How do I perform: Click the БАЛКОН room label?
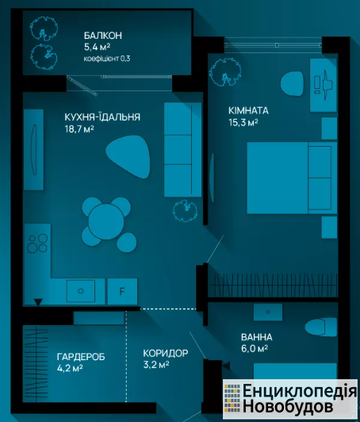(103, 36)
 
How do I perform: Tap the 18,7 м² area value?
(79, 129)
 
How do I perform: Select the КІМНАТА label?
(248, 110)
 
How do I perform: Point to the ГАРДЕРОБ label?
(81, 357)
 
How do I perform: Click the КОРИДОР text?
(166, 353)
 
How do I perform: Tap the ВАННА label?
(256, 337)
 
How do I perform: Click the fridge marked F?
(122, 291)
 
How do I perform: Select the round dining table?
(106, 221)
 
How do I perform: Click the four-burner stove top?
(37, 244)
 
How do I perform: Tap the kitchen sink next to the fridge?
(81, 291)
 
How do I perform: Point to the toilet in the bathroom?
(320, 327)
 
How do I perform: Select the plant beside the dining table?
(185, 210)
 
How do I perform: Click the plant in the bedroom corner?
(225, 72)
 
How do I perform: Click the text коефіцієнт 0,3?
(107, 59)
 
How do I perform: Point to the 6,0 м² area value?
(255, 349)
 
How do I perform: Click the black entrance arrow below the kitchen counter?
(38, 302)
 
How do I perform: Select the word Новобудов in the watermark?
(288, 406)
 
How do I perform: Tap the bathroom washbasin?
(268, 313)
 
